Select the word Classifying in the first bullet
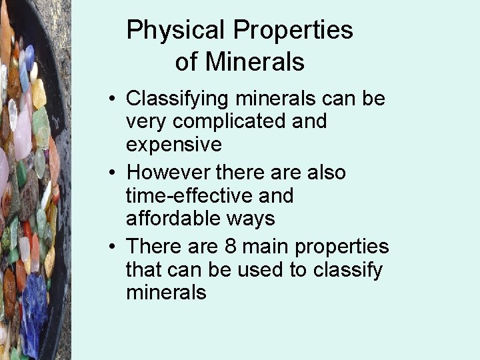(180, 99)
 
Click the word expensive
(173, 145)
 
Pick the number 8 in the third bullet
(231, 247)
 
